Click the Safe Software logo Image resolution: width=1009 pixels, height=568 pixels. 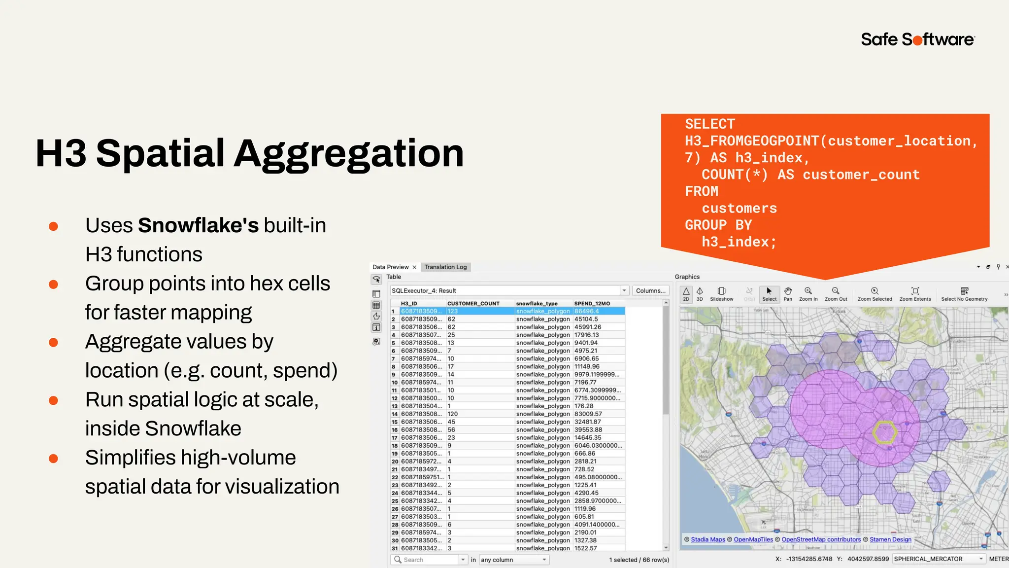(x=917, y=39)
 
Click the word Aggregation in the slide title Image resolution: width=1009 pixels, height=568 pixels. (x=348, y=153)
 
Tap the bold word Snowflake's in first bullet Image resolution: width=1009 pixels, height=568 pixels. (x=198, y=225)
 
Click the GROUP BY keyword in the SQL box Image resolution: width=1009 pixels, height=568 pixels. (x=718, y=225)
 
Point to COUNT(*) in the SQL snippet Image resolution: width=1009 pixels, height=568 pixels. (x=735, y=175)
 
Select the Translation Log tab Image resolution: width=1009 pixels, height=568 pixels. (x=445, y=267)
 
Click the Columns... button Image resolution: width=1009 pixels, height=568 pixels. (x=650, y=290)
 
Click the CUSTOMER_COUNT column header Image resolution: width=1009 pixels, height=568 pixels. (x=473, y=303)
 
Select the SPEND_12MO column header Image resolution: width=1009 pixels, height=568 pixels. (x=592, y=303)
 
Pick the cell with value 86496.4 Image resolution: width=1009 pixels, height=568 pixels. (x=586, y=311)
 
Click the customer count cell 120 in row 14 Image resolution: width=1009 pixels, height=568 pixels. (x=452, y=414)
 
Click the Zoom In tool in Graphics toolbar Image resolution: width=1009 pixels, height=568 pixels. (x=808, y=293)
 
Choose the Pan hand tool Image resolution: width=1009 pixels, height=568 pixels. (x=788, y=293)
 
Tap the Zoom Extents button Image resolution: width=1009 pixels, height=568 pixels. (x=915, y=293)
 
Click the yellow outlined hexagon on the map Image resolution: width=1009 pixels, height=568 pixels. (x=884, y=432)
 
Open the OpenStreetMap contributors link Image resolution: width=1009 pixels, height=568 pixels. (x=821, y=539)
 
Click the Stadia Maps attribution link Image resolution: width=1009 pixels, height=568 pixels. (x=708, y=539)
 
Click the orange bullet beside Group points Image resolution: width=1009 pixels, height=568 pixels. (x=53, y=284)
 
